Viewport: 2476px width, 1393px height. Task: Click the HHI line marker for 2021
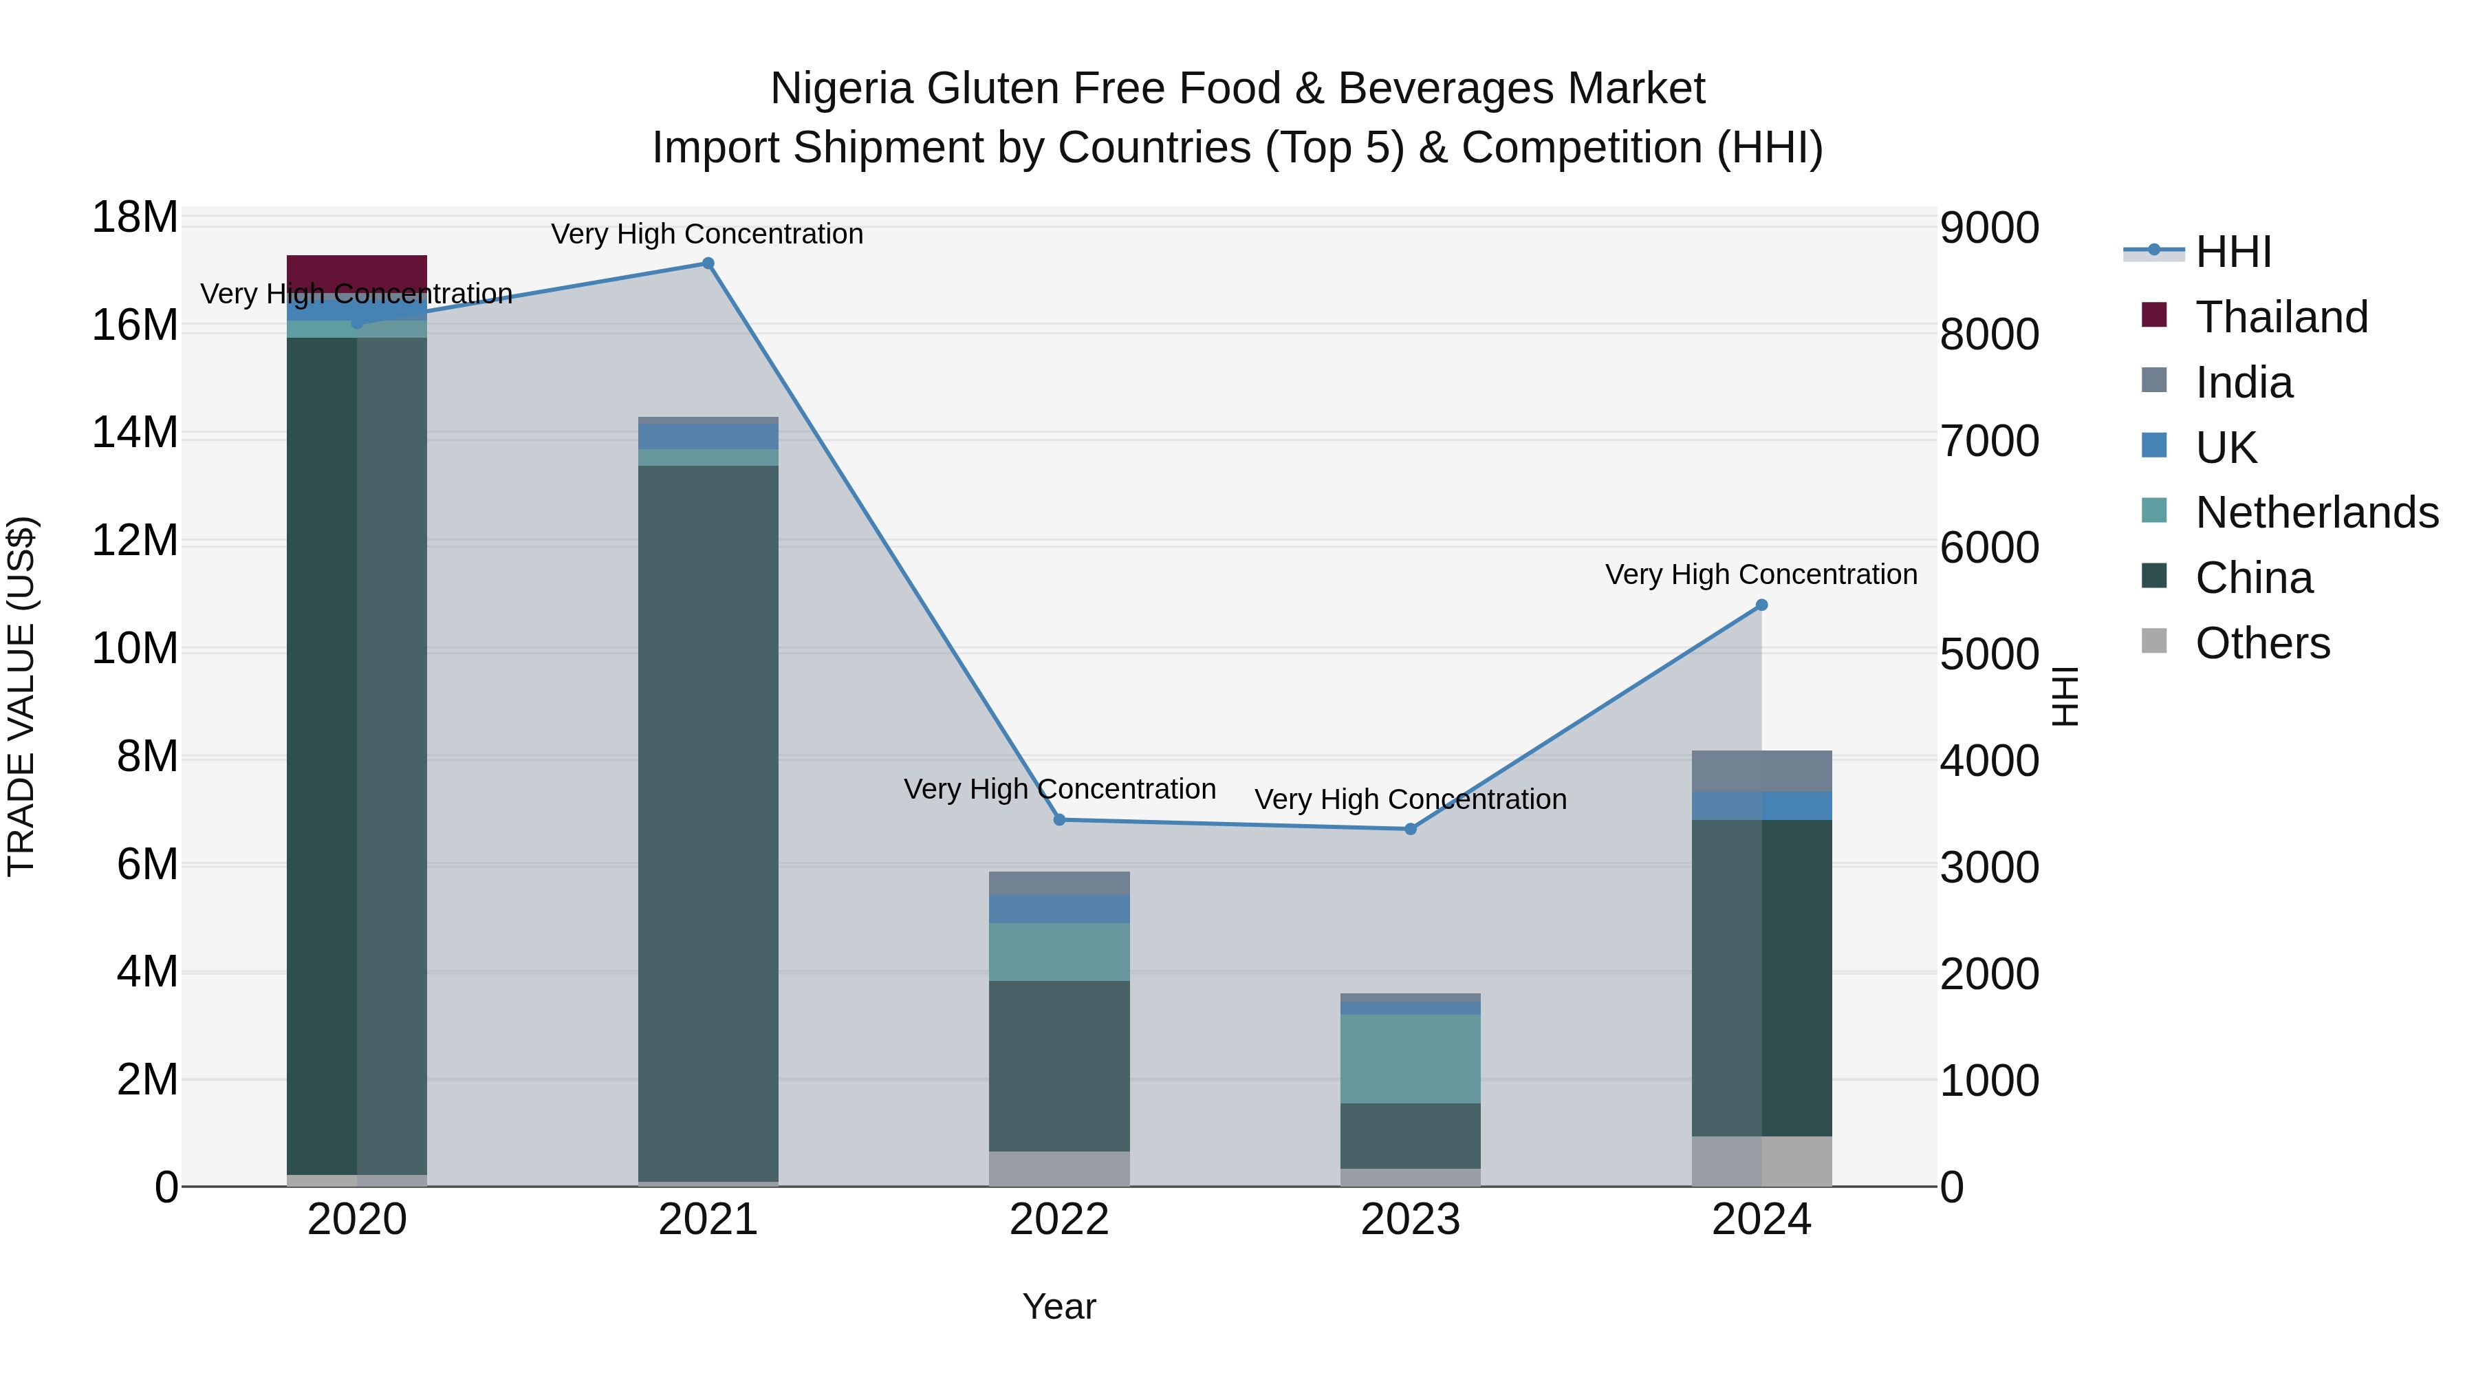coord(708,263)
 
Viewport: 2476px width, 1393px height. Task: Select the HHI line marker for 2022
coord(1059,820)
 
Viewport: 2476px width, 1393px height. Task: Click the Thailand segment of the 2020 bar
coord(356,273)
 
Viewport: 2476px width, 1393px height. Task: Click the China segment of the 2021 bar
coord(708,822)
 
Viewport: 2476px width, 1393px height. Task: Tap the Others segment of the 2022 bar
coord(1059,1168)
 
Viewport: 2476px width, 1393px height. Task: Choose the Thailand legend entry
coord(2280,317)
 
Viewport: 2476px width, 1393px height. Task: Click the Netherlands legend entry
coord(2316,512)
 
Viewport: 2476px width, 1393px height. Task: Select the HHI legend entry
coord(2232,252)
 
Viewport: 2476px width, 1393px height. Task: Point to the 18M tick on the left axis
coord(135,218)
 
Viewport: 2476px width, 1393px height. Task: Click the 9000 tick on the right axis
coord(1988,229)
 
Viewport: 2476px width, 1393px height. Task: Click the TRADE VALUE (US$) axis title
coord(22,696)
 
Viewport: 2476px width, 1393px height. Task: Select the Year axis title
coord(1059,1306)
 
